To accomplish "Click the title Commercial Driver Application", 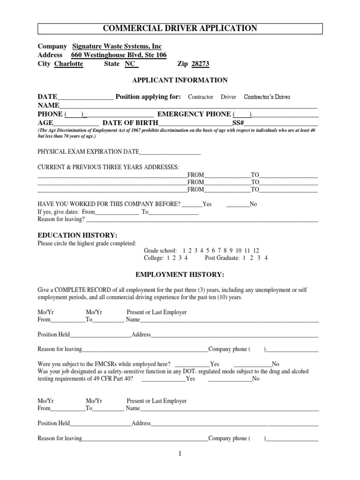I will (x=180, y=29).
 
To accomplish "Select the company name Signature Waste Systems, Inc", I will (x=117, y=46).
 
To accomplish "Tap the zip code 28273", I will (x=200, y=64).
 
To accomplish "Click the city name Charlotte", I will (x=69, y=64).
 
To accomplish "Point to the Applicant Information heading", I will (x=180, y=80).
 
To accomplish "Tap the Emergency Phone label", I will (x=194, y=114).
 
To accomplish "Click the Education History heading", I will (x=77, y=235).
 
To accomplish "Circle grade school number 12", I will (x=255, y=251).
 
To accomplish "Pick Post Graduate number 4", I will (x=266, y=258).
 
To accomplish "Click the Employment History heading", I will (x=180, y=274).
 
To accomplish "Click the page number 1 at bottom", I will (x=180, y=454).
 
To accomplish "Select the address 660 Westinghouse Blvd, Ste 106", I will (x=119, y=55).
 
